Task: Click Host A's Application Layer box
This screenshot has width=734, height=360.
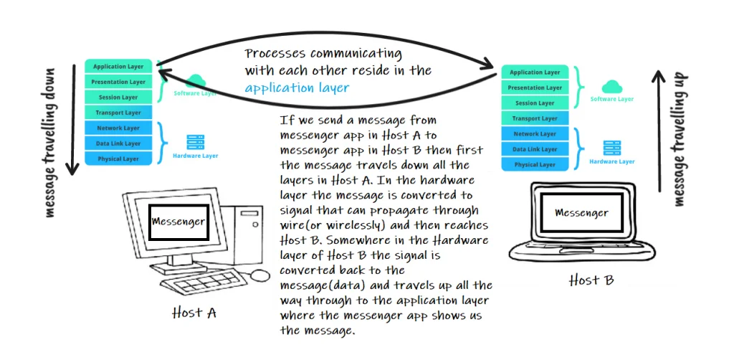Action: (118, 67)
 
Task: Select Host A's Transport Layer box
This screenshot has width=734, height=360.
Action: (118, 113)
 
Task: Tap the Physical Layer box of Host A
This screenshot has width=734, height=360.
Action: (118, 158)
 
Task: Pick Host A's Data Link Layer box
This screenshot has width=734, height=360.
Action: (118, 143)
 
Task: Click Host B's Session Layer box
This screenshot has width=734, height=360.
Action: (535, 103)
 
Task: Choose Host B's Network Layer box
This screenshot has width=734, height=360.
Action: (535, 134)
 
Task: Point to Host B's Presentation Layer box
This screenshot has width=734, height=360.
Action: (535, 87)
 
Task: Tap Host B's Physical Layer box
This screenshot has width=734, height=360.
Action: (535, 165)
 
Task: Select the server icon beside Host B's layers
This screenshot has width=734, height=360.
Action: (611, 148)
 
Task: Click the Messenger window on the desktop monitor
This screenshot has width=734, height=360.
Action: (178, 223)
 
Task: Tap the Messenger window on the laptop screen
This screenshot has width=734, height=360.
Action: (581, 213)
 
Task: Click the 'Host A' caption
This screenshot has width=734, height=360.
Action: (194, 313)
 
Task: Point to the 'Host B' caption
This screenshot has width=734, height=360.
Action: (591, 280)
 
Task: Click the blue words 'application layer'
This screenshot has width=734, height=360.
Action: (297, 88)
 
